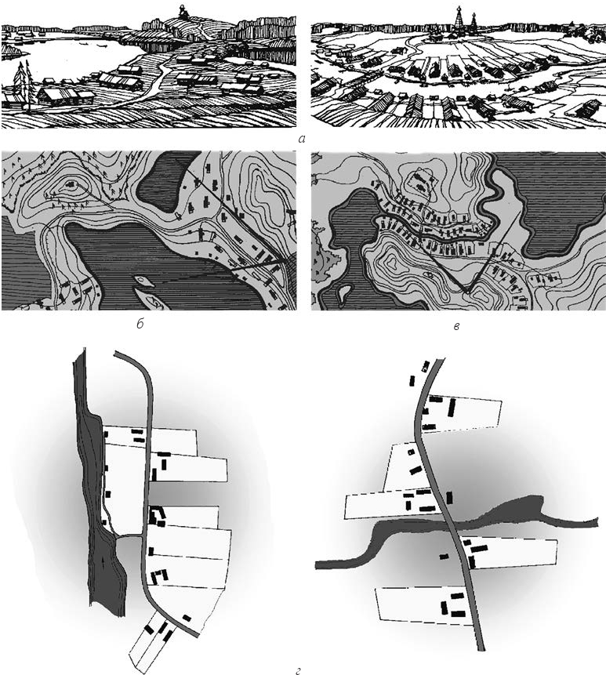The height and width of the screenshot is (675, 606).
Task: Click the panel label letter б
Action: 140,324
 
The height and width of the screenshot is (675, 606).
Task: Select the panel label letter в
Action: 456,326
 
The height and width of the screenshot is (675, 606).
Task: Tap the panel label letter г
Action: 298,670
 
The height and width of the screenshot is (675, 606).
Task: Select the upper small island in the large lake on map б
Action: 144,282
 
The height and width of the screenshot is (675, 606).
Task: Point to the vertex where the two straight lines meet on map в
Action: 467,292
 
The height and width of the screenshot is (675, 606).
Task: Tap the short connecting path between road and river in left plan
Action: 129,536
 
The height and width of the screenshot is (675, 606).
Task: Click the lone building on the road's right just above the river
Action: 449,498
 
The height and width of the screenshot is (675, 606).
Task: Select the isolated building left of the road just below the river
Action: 444,557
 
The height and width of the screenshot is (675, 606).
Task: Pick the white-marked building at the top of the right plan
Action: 426,366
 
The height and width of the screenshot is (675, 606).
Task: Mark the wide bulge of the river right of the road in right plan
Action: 519,508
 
